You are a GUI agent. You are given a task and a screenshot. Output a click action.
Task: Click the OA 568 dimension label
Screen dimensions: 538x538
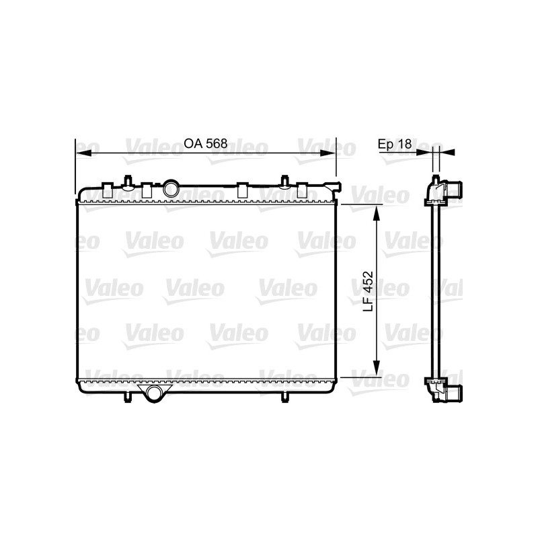pyautogui.click(x=205, y=144)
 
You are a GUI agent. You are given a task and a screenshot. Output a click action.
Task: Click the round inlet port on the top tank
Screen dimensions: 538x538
pyautogui.click(x=171, y=189)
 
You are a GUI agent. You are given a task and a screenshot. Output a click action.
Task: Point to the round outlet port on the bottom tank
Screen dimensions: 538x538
pyautogui.click(x=154, y=394)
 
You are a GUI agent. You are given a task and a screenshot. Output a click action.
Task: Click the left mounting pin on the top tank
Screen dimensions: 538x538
pyautogui.click(x=126, y=181)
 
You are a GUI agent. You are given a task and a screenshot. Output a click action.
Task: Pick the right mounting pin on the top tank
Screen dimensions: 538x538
pyautogui.click(x=285, y=181)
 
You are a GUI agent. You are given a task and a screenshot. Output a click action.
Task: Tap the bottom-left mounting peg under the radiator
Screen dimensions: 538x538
pyautogui.click(x=126, y=396)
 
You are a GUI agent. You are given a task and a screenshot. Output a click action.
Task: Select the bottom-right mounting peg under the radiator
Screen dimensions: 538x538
pyautogui.click(x=285, y=396)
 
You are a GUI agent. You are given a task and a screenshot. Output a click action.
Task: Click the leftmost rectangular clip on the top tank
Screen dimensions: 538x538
pyautogui.click(x=108, y=190)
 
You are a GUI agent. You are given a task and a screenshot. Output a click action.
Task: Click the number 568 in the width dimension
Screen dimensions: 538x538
pyautogui.click(x=215, y=144)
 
